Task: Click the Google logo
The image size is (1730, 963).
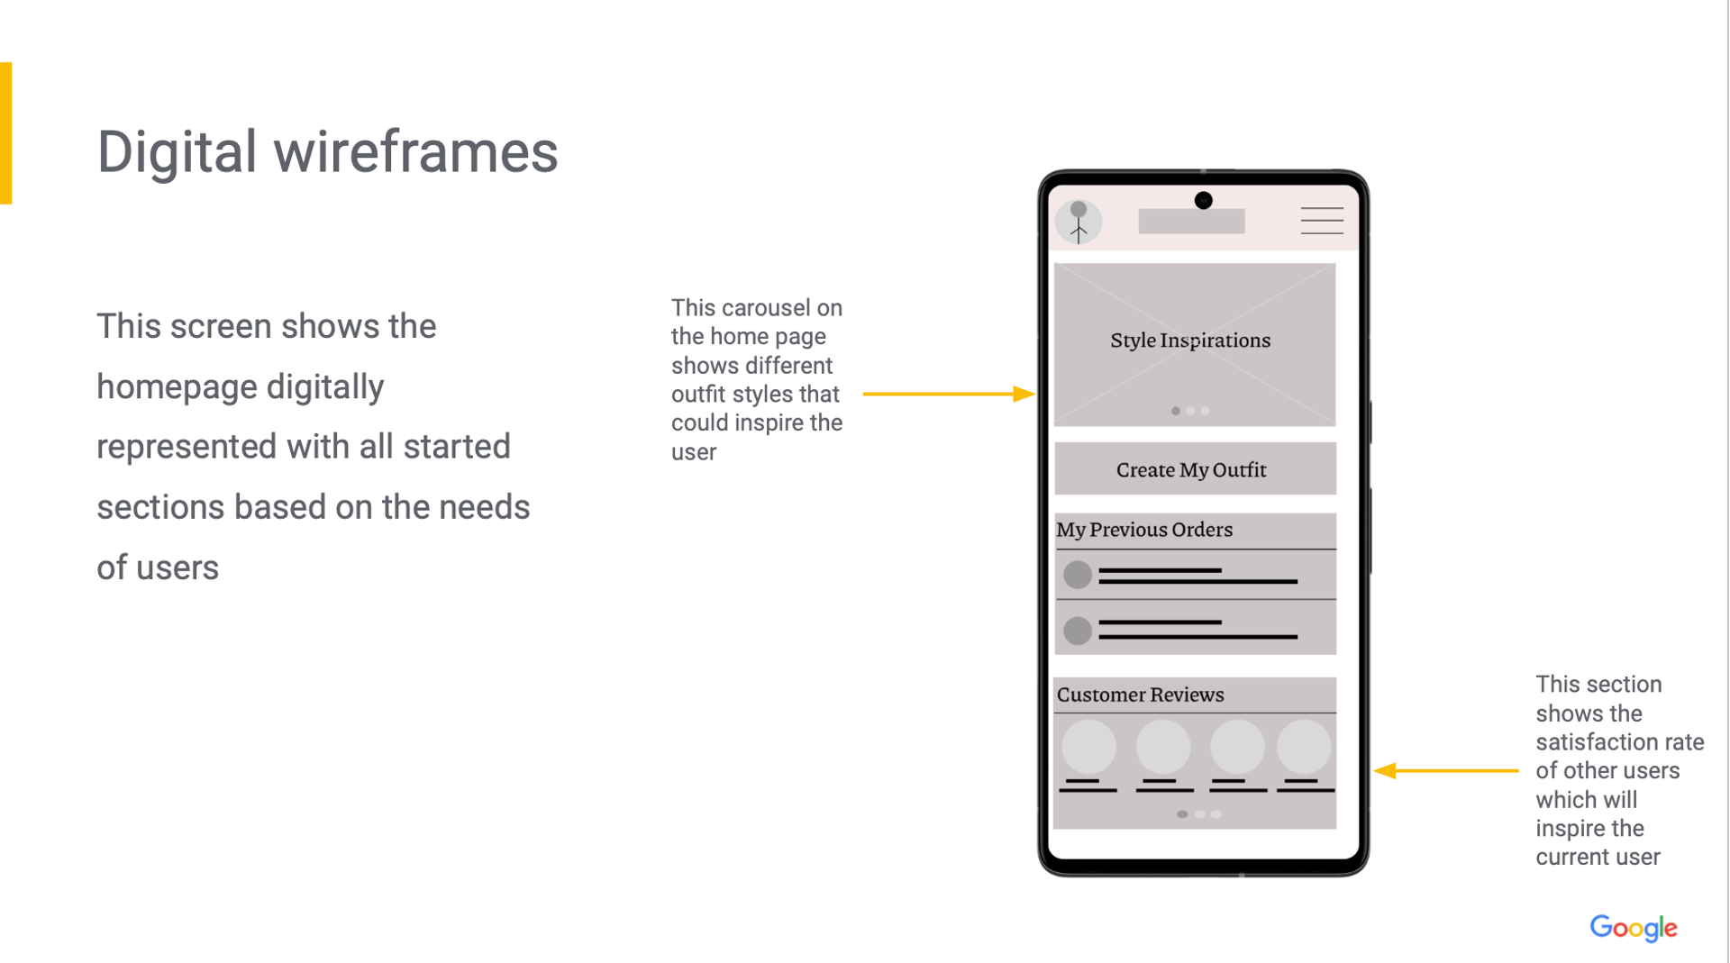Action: (1633, 928)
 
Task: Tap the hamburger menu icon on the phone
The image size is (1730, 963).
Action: (1322, 221)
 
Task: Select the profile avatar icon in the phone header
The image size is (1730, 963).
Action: (1079, 222)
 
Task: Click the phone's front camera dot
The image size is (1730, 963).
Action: (1203, 200)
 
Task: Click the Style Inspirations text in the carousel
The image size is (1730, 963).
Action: (1190, 341)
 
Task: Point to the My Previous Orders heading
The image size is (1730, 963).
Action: (1144, 530)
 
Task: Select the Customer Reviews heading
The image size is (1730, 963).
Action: (1140, 695)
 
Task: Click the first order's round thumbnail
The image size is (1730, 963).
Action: (1078, 575)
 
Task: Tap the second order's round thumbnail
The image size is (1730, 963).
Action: (1078, 631)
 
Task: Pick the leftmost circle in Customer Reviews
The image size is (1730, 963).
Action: (1088, 747)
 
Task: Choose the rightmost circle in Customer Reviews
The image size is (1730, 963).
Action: (1304, 747)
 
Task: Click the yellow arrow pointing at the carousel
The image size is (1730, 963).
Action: (949, 394)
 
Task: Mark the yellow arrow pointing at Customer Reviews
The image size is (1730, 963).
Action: (1446, 770)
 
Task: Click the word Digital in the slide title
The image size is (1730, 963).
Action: (177, 151)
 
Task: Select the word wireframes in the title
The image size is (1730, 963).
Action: (416, 151)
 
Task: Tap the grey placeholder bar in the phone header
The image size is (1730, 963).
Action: (1191, 222)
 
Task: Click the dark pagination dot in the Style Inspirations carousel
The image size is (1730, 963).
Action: (1176, 411)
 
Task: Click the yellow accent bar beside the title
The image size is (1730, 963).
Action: (5, 133)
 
